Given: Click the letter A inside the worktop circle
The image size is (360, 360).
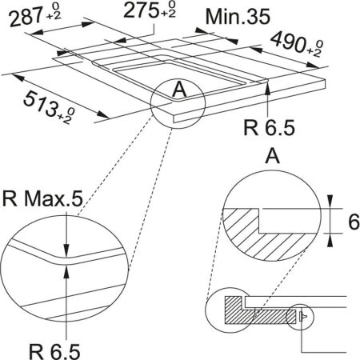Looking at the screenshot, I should (180, 90).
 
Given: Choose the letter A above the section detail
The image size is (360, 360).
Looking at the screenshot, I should (268, 154).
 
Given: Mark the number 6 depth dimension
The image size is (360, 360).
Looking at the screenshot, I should (350, 224).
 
